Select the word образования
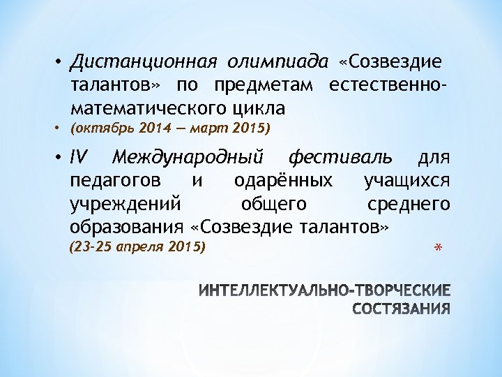(x=127, y=228)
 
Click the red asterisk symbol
(x=439, y=250)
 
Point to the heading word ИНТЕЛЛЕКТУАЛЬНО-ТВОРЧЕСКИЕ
(x=324, y=290)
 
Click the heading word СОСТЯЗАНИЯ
(x=402, y=309)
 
